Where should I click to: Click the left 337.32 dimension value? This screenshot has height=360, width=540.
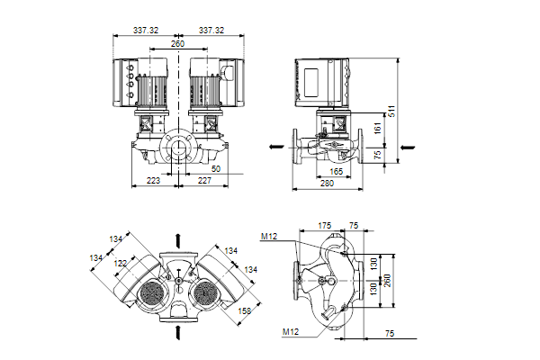pos(145,30)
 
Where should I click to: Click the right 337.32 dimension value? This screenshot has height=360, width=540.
pos(214,30)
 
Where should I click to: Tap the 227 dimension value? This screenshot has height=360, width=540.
pos(204,181)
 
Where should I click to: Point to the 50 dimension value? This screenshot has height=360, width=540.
pos(215,168)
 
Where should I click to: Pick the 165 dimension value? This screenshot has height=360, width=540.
pos(335,170)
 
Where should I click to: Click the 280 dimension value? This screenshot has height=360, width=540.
pos(328,183)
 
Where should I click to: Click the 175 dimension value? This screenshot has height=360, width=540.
pos(325,226)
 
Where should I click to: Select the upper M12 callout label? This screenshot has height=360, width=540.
pos(268,237)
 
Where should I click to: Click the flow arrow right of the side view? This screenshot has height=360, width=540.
pos(407,144)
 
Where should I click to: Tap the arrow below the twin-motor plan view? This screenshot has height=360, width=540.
pos(179,333)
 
